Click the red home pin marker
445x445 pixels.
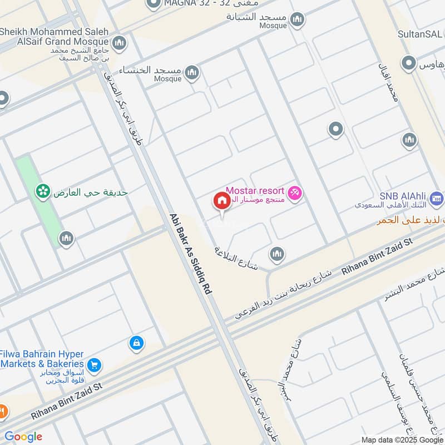(x=221, y=201)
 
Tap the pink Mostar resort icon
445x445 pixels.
(x=296, y=193)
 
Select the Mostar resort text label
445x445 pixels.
(x=255, y=190)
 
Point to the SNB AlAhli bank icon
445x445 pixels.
(x=437, y=197)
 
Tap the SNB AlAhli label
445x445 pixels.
(x=403, y=196)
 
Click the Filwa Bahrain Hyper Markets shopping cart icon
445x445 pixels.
(x=95, y=364)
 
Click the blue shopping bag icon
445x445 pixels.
(x=136, y=343)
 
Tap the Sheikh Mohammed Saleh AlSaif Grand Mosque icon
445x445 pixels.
(x=118, y=43)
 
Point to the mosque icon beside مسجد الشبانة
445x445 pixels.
(x=298, y=21)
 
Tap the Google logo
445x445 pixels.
(x=23, y=437)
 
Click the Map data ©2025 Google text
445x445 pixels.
(x=402, y=439)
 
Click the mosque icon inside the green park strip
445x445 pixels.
(x=66, y=239)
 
